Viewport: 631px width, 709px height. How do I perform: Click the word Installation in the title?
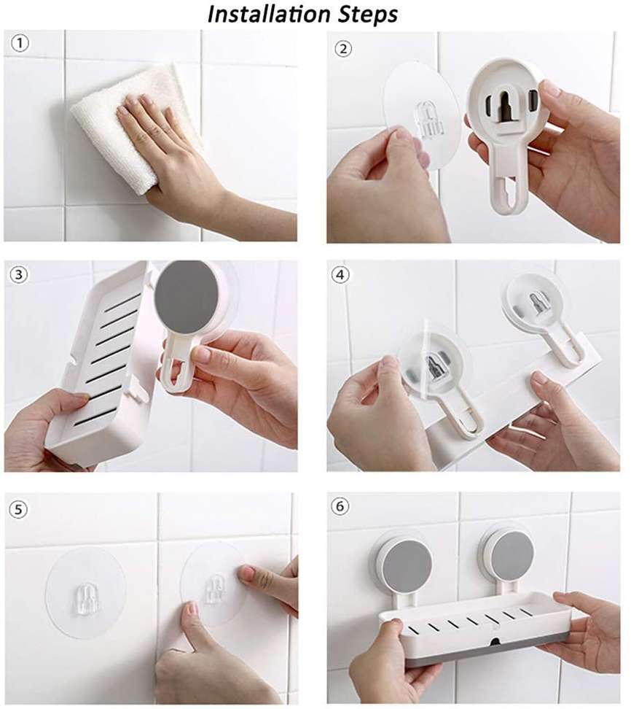tap(270, 14)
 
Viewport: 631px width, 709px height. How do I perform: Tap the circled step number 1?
tap(20, 44)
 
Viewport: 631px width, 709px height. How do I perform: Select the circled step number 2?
tap(343, 48)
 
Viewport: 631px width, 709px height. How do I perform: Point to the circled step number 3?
tap(18, 275)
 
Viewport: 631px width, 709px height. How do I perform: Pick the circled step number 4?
tap(340, 274)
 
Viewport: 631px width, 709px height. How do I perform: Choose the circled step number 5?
tap(18, 509)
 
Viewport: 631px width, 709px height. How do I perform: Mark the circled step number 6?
tap(340, 505)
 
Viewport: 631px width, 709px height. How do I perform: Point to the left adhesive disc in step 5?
tap(86, 593)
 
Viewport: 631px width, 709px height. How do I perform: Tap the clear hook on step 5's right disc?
tap(215, 589)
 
